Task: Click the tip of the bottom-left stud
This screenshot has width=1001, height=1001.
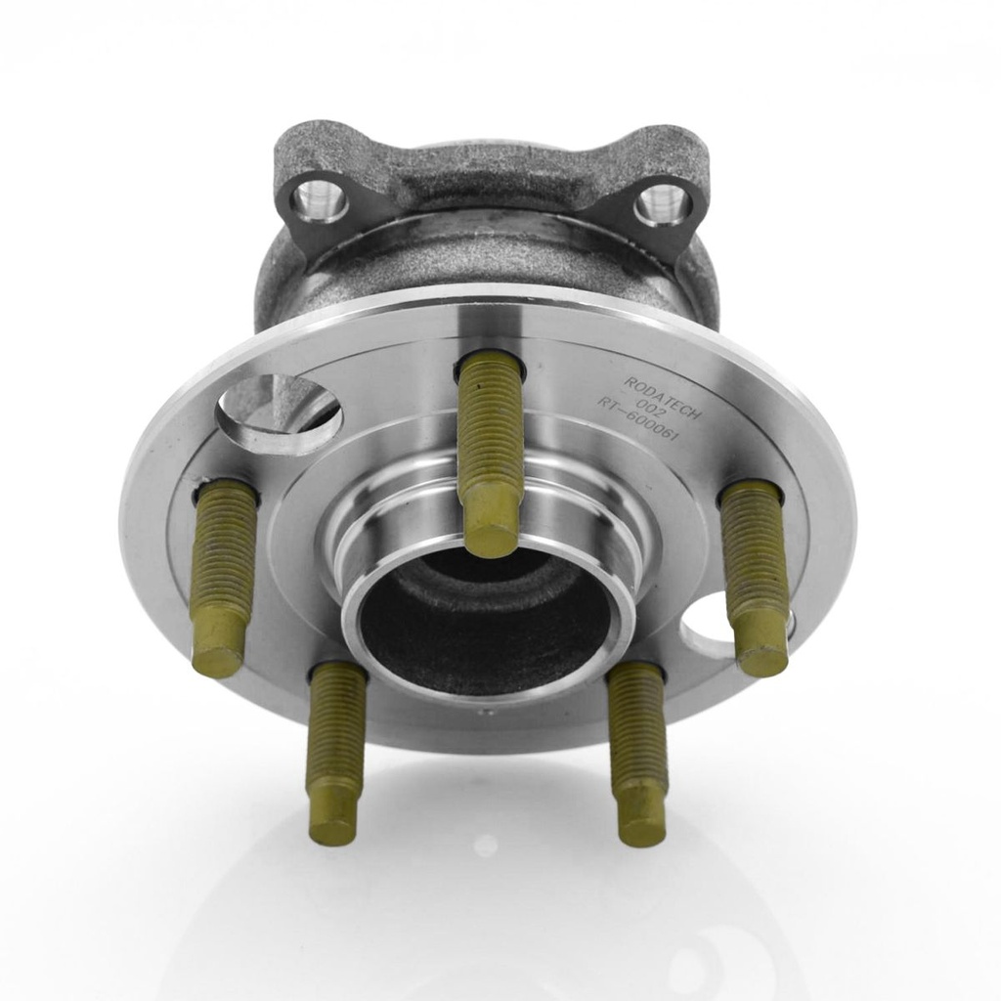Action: (331, 814)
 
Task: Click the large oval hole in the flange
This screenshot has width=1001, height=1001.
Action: (279, 410)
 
